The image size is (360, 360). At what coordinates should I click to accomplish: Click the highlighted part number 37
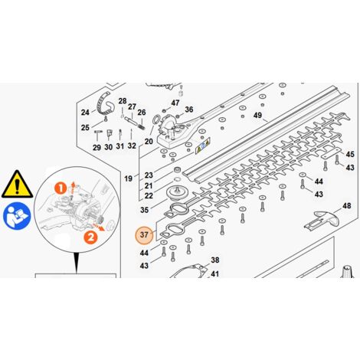143,235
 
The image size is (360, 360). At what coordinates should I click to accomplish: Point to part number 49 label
258,116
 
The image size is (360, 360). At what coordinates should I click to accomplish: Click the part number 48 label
346,206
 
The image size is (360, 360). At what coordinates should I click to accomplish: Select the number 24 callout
85,113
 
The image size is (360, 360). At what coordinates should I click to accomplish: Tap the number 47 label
175,103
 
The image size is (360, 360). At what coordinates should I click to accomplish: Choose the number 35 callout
144,208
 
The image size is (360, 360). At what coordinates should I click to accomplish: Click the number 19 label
129,178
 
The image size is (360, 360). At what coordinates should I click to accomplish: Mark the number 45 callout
350,155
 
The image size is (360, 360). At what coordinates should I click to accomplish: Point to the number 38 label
215,260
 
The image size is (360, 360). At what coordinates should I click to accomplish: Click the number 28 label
122,101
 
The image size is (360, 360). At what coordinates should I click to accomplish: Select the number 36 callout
189,110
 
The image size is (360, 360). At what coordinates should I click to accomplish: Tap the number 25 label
85,127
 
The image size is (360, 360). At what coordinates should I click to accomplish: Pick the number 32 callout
133,146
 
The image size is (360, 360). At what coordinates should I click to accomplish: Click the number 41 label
215,273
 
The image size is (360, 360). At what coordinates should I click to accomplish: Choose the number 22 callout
149,195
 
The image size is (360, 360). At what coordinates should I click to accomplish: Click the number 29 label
97,146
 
